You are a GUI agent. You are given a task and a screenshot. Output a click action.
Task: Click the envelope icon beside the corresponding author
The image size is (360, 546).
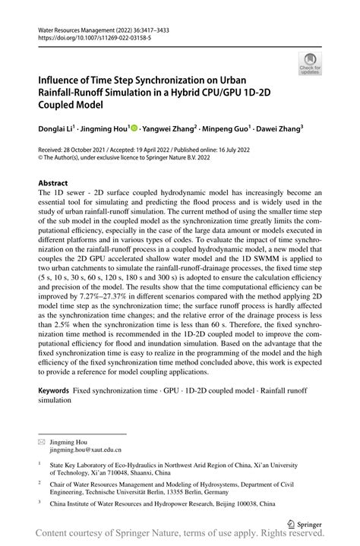point(43,441)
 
